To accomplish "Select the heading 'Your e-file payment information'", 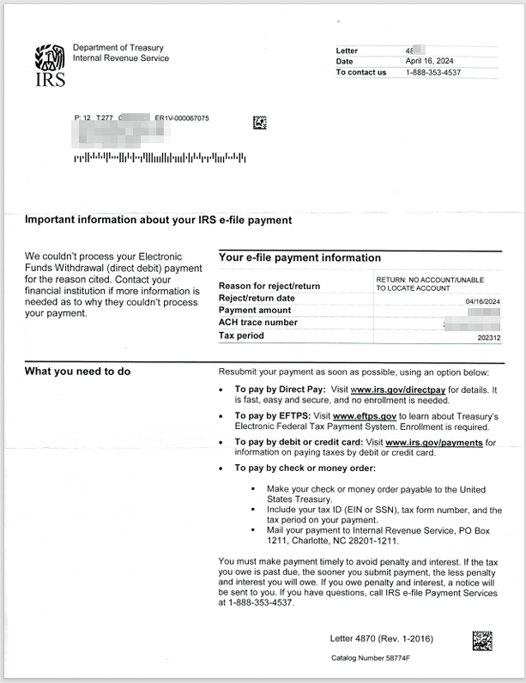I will tap(299, 257).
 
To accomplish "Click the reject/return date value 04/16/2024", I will tap(482, 301).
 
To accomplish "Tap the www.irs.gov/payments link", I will tap(434, 443).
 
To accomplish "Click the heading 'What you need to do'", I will tap(77, 371).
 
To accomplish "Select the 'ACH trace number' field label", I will tap(258, 323).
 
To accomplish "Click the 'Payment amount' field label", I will tap(254, 310).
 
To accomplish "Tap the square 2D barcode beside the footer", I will tap(482, 641).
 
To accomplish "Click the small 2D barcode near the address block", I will tap(259, 123).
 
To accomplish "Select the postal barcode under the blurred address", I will tap(160, 158).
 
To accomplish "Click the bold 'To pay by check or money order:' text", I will tap(305, 468).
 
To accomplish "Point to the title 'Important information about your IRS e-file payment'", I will tap(159, 221).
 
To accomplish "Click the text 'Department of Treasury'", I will tap(118, 48).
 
